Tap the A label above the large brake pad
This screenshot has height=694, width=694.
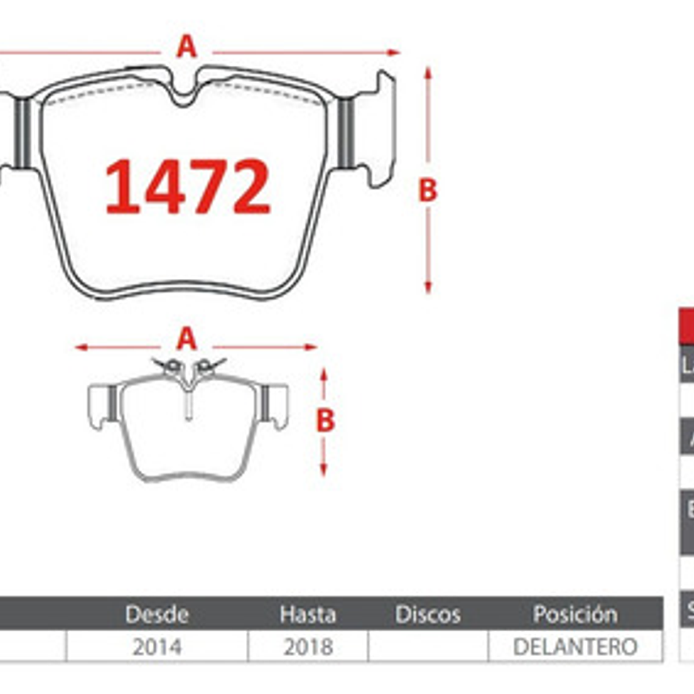(x=187, y=46)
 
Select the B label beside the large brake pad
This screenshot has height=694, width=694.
(x=427, y=190)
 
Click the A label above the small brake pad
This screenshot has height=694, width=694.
(x=187, y=339)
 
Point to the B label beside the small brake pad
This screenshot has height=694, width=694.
(x=325, y=420)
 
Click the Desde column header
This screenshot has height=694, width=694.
(x=156, y=614)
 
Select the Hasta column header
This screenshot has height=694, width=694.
(x=307, y=614)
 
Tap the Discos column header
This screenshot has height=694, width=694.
(x=427, y=614)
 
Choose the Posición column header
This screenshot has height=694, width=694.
(x=575, y=614)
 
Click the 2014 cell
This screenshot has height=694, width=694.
(x=156, y=647)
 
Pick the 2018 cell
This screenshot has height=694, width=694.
(x=307, y=647)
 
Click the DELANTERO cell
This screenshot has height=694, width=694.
(x=575, y=647)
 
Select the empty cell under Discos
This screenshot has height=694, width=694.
(x=427, y=647)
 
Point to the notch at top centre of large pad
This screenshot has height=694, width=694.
(x=184, y=97)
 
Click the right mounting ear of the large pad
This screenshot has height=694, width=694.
(x=377, y=131)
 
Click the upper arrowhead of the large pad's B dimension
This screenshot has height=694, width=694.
(x=428, y=72)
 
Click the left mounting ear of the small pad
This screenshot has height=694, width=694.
(x=99, y=405)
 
